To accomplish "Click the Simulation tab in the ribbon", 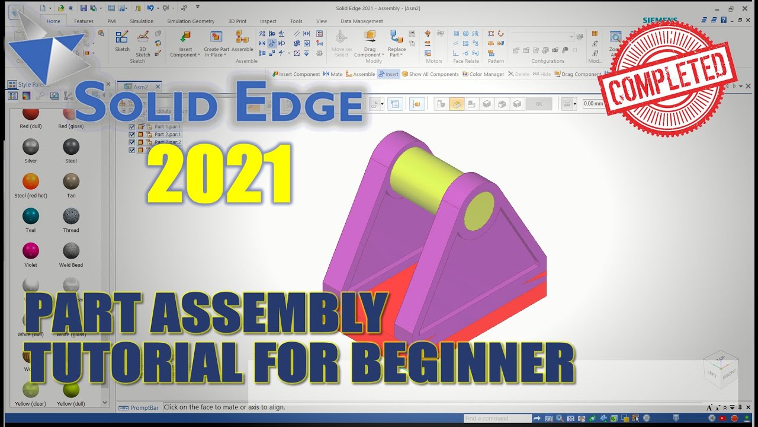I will point(142,21).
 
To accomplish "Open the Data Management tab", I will point(361,21).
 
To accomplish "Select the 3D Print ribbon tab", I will point(237,21).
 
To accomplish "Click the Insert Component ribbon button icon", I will point(185,37).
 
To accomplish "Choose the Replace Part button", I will point(397,37).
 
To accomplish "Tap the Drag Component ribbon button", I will point(370,37).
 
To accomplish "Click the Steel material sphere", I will point(71,146).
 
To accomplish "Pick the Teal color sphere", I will point(30,216).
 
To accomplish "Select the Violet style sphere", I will point(30,251).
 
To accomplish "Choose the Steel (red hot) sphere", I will point(30,181).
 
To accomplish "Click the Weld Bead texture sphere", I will point(71,251).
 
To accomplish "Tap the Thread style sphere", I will point(71,216).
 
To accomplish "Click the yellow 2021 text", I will point(219,176).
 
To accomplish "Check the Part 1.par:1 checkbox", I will point(132,127).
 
